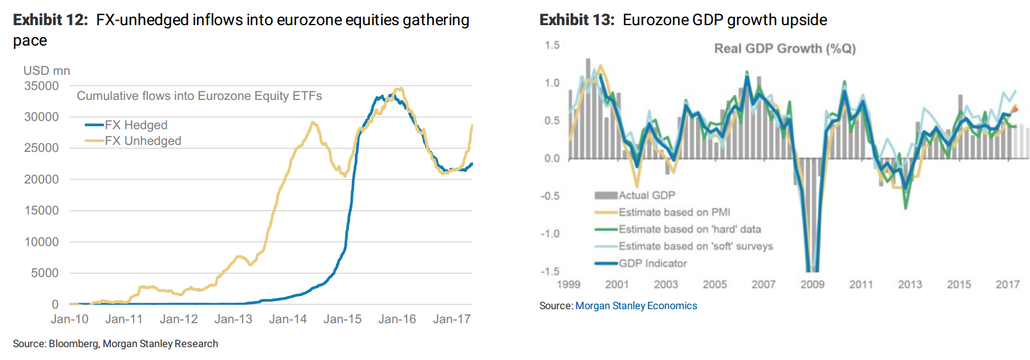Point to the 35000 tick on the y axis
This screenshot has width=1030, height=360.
click(x=41, y=86)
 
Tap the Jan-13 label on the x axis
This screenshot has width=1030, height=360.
click(x=233, y=319)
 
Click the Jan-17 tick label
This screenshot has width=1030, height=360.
click(x=452, y=319)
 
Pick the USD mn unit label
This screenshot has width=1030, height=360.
click(x=47, y=71)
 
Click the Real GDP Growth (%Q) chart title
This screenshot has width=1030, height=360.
click(x=785, y=49)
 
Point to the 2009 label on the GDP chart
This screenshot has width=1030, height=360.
click(x=812, y=285)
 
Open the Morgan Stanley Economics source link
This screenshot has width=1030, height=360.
click(x=636, y=306)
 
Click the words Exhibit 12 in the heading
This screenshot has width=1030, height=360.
click(x=50, y=20)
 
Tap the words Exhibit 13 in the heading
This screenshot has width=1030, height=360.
click(x=577, y=20)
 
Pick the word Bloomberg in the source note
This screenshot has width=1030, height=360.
click(x=74, y=344)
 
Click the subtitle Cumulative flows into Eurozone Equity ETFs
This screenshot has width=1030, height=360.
click(x=199, y=96)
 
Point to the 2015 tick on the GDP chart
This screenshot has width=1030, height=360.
click(x=959, y=285)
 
